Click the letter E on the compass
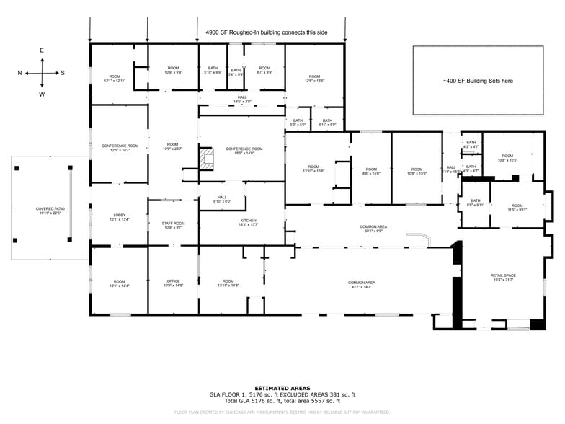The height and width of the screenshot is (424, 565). (42, 50)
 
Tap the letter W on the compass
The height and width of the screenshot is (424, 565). (42, 94)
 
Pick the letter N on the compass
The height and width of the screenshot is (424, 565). (19, 72)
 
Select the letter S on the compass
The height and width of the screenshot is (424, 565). (63, 72)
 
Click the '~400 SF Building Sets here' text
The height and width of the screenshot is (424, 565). (478, 81)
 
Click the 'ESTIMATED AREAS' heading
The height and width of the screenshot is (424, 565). (282, 388)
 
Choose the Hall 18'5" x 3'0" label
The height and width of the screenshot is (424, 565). (242, 100)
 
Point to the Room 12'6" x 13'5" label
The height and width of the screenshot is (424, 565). (314, 79)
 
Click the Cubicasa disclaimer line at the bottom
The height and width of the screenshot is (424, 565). (282, 412)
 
